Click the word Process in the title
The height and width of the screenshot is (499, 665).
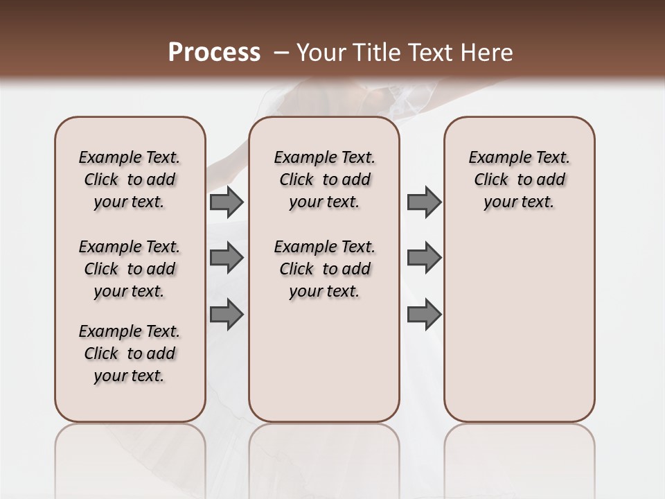pos(214,52)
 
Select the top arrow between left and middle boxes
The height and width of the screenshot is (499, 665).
pos(226,202)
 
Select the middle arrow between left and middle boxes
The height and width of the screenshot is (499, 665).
pos(226,258)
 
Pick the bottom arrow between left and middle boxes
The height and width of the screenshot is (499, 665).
pos(226,315)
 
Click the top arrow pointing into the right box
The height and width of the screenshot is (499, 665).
pos(424,202)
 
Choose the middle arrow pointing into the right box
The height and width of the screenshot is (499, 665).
pos(424,258)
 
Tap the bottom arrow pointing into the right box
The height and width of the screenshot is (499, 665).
pos(424,315)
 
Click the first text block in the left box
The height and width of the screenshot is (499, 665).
pos(130,180)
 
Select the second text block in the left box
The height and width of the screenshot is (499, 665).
pos(130,269)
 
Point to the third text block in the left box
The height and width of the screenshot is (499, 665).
pos(130,353)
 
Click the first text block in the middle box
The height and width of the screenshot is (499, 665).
pos(324,180)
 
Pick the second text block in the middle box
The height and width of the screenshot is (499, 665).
pos(324,269)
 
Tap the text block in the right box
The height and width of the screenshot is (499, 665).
pos(519,180)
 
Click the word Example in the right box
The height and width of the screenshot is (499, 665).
pos(497,158)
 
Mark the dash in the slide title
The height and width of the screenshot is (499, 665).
pos(281,52)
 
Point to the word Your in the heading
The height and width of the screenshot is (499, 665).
pos(318,52)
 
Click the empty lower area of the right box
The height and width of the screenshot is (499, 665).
pos(519,333)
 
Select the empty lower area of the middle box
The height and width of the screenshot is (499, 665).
pos(324,367)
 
